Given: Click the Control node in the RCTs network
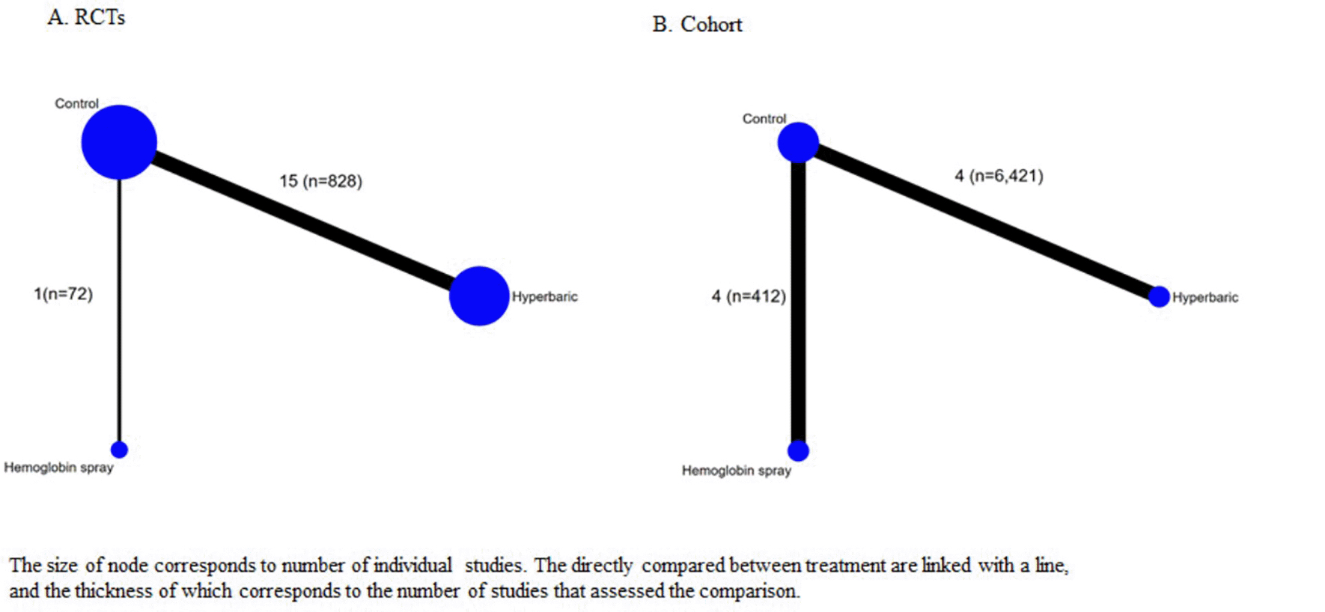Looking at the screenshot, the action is click(119, 142).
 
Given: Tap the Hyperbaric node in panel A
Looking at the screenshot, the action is click(479, 296).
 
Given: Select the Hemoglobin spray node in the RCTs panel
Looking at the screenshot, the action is click(119, 450).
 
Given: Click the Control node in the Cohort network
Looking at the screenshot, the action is click(798, 142).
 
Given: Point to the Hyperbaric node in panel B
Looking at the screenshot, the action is click(1159, 297).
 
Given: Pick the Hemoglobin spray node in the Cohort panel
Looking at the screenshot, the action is click(798, 451).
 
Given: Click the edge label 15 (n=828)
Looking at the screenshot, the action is click(320, 181).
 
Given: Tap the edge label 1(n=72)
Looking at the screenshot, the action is click(64, 294).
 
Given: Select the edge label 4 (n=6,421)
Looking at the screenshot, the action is click(999, 176).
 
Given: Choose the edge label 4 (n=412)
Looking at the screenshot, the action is click(749, 297).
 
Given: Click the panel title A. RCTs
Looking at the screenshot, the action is click(86, 17).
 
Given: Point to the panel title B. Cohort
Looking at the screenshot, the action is click(697, 25).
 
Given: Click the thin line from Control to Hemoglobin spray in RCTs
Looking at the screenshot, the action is click(119, 310).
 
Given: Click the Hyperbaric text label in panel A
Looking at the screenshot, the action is click(544, 297).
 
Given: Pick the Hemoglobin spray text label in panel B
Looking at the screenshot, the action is click(736, 471).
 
